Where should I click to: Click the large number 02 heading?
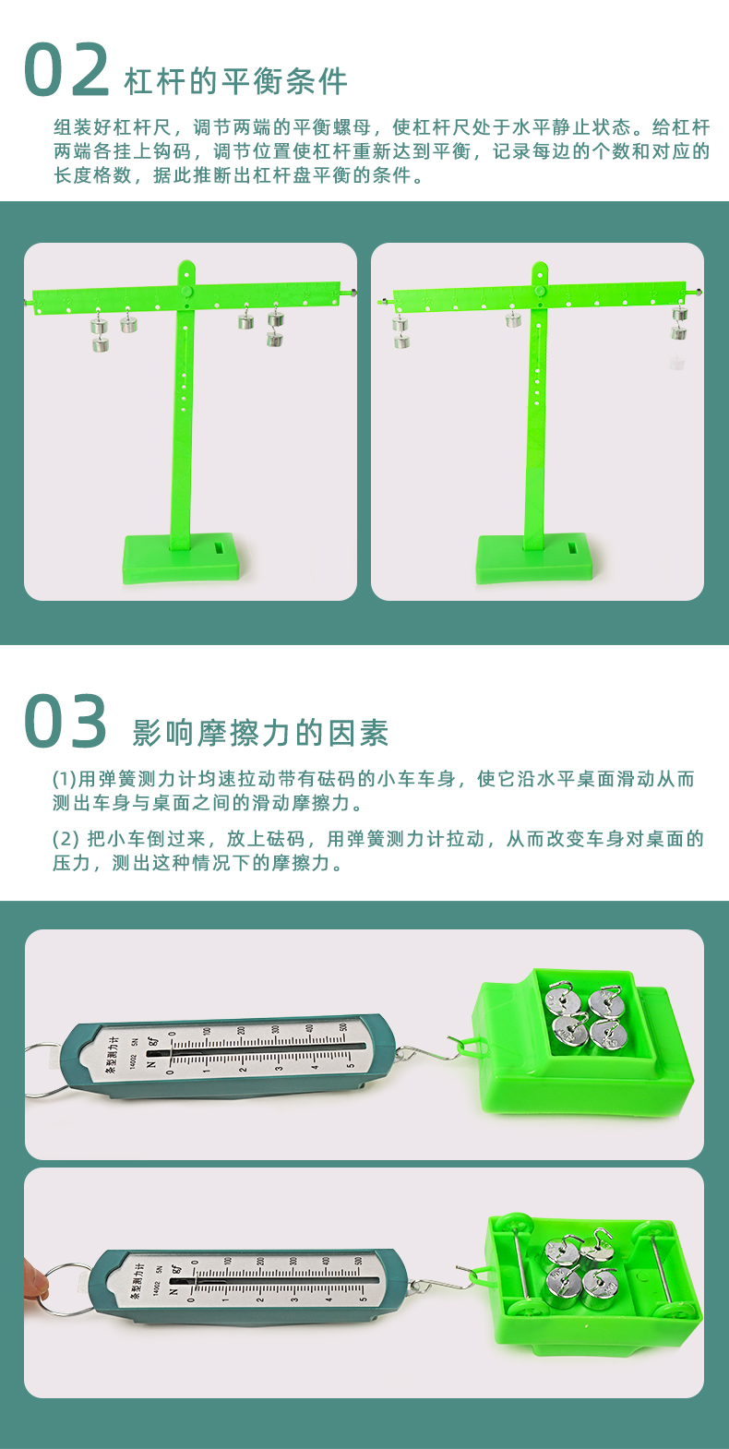[x=66, y=71]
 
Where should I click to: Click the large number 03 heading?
[x=66, y=722]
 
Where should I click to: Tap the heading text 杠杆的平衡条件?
[x=235, y=81]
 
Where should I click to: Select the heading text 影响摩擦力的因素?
[x=260, y=733]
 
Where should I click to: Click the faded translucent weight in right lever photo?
[x=676, y=363]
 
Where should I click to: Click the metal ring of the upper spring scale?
[x=41, y=1071]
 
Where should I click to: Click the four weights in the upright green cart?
[x=585, y=1015]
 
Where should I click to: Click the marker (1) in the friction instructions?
[x=64, y=779]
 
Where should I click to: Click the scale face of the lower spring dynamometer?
[x=268, y=1281]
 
